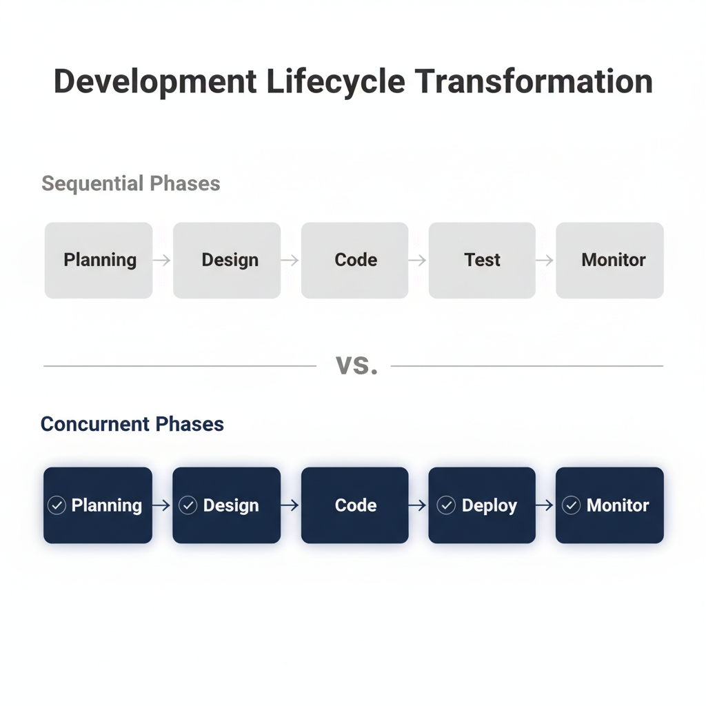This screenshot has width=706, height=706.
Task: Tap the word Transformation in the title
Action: [534, 81]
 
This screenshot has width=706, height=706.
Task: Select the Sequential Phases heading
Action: [131, 183]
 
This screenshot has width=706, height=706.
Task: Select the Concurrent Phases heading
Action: [132, 423]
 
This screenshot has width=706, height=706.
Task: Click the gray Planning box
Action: [99, 260]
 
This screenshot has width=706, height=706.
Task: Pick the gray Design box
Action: [227, 260]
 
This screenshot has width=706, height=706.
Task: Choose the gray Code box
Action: [355, 260]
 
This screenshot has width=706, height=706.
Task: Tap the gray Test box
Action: [482, 260]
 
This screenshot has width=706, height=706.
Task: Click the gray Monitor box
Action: [610, 260]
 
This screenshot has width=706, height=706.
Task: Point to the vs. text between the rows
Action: [356, 365]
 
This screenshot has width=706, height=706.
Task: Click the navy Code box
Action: [355, 505]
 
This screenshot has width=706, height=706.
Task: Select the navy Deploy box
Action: [482, 505]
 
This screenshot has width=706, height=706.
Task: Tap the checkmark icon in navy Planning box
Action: [57, 505]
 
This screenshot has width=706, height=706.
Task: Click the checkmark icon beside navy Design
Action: [188, 505]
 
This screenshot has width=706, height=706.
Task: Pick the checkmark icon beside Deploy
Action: [447, 505]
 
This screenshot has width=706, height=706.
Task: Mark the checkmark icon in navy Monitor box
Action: [572, 505]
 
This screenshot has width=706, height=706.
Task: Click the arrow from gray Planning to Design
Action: [162, 260]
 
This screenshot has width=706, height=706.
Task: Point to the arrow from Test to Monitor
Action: [545, 260]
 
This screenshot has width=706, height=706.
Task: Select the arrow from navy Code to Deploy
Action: [418, 505]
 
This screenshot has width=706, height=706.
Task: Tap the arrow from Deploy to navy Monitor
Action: [545, 505]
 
